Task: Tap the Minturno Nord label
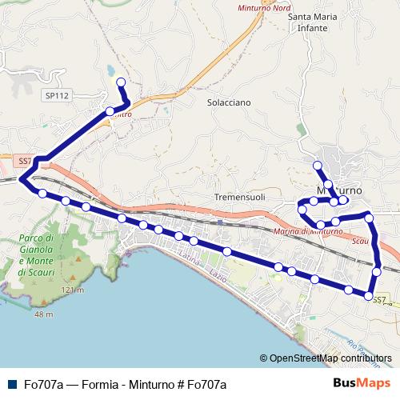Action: (265, 8)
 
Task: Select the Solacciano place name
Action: (229, 102)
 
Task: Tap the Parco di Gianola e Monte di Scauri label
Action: (38, 255)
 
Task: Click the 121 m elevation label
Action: (71, 289)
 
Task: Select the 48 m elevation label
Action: (43, 314)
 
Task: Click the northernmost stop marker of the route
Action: (120, 82)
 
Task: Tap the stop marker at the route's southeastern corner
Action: (369, 296)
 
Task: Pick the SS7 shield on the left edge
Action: (25, 161)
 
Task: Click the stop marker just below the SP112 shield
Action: (110, 111)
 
